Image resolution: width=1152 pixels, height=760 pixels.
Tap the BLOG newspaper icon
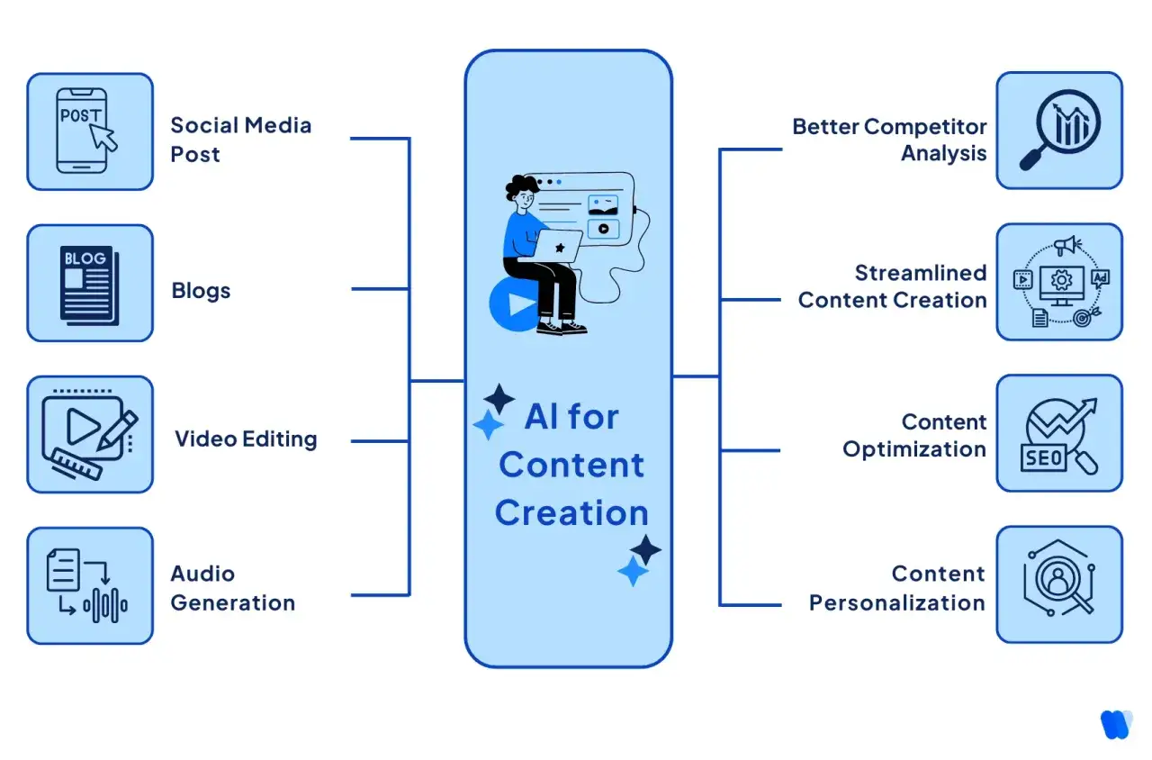click(x=89, y=285)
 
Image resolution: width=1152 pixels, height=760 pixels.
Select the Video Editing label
click(x=246, y=439)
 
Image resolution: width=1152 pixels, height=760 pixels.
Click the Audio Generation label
click(x=233, y=588)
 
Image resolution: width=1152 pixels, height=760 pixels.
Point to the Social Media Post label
click(x=240, y=140)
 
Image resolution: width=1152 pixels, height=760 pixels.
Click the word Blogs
click(x=201, y=291)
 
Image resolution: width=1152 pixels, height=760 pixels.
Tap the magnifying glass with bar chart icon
click(x=1059, y=130)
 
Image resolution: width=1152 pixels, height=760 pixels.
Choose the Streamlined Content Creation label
click(x=892, y=286)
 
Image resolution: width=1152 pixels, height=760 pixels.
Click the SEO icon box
click(x=1059, y=433)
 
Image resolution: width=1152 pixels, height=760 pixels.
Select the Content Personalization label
click(x=897, y=588)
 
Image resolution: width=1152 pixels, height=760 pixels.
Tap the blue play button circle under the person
click(x=514, y=304)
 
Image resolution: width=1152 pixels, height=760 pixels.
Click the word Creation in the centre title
click(x=571, y=513)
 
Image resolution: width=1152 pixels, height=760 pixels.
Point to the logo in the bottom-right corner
click(x=1116, y=724)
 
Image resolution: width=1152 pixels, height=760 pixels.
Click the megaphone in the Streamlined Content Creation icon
click(x=1067, y=246)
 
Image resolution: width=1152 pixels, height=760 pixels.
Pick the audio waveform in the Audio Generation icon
click(x=105, y=605)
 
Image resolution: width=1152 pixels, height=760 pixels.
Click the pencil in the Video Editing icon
click(x=117, y=430)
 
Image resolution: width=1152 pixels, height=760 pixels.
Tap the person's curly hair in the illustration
click(x=521, y=186)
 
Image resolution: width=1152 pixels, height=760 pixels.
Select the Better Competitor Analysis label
click(x=889, y=140)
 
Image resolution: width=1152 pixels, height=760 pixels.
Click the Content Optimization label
click(x=914, y=435)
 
